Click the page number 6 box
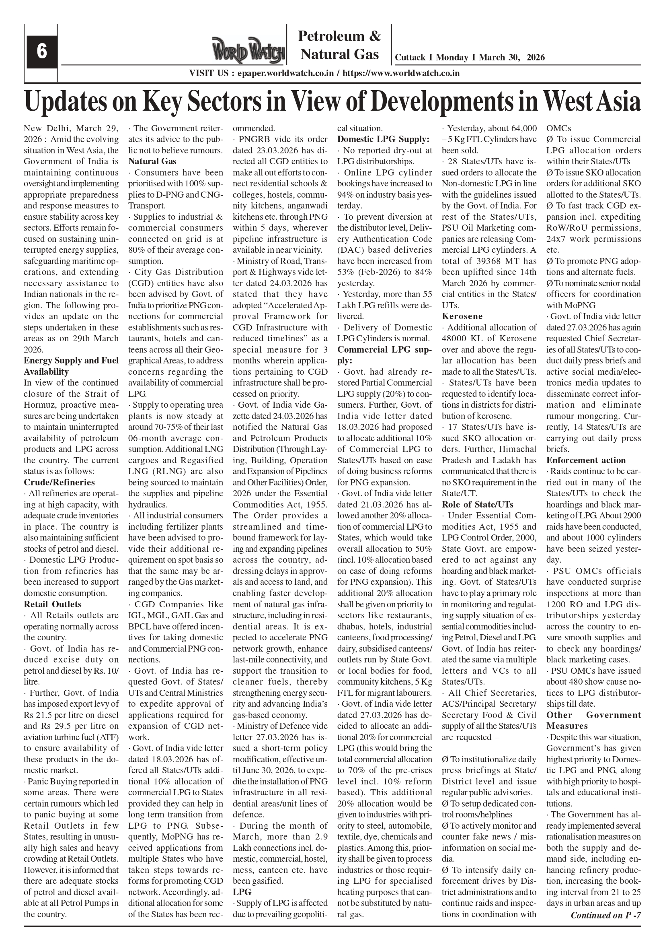tap(42, 52)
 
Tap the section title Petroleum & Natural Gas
tap(339, 45)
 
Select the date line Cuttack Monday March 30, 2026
tap(470, 58)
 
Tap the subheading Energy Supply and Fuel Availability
tap(71, 366)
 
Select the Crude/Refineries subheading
tap(59, 482)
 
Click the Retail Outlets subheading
tap(53, 604)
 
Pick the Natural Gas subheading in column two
tap(152, 161)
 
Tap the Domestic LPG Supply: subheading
tap(383, 139)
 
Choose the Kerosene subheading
tap(462, 316)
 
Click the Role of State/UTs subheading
tap(478, 504)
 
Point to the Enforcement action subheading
tap(586, 460)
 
